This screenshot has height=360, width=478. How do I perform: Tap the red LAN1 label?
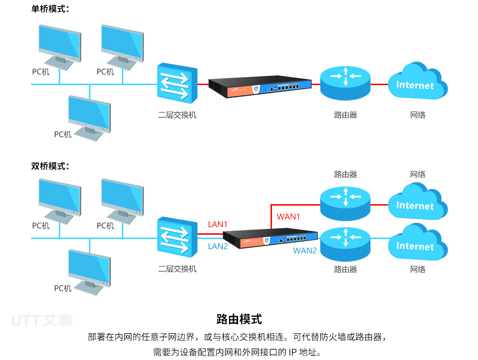tap(217, 224)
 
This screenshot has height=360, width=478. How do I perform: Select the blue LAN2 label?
tap(218, 246)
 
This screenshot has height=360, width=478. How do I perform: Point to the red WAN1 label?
tap(288, 217)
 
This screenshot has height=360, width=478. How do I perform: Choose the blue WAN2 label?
tap(305, 251)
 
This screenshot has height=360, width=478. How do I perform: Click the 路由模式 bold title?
tap(239, 319)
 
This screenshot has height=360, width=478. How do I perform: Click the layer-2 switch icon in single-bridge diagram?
tap(177, 83)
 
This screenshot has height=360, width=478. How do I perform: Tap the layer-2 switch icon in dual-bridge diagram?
tap(177, 237)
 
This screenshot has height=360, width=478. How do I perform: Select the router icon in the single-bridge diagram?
tap(346, 83)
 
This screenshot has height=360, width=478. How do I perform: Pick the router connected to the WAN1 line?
tap(346, 204)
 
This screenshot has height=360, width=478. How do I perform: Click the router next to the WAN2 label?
tap(346, 244)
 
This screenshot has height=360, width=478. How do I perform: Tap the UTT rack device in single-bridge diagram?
tap(260, 87)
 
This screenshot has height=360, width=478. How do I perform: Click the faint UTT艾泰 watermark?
tap(43, 320)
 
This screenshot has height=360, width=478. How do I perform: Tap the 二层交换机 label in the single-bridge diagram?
tap(177, 115)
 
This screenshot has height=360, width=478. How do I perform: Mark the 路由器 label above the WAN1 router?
tap(346, 175)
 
